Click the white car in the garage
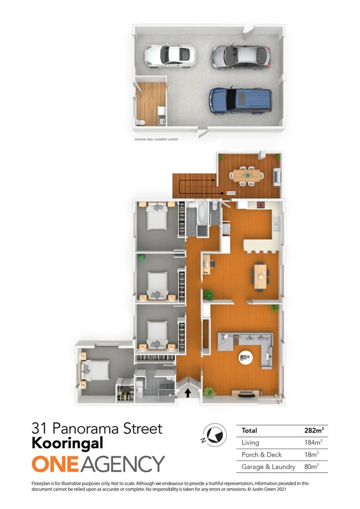pos(170,54)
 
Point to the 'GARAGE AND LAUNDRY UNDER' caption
pos(155,138)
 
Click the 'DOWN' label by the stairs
pos(231,193)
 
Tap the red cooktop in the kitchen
pos(262,205)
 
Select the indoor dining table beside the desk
pos(261,275)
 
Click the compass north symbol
pos(213,433)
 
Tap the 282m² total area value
pos(313,430)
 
